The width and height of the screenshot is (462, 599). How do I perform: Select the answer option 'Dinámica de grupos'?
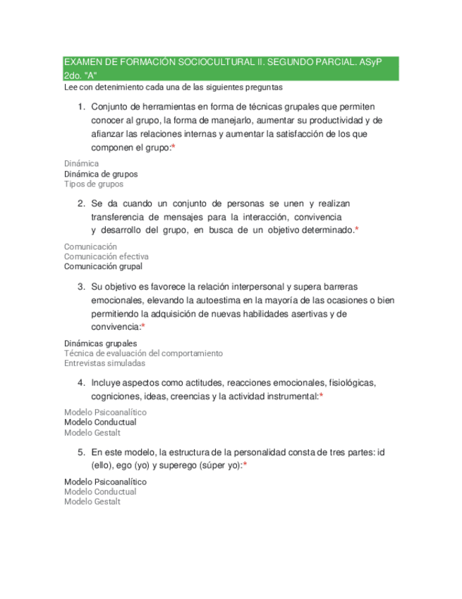click(x=101, y=174)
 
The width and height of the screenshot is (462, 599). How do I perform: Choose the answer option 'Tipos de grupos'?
click(x=94, y=184)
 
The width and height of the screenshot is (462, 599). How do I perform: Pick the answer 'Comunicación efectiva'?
click(x=107, y=256)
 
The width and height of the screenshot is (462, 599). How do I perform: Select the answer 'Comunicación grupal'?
click(x=103, y=267)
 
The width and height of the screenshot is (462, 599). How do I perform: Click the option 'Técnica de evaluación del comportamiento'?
click(x=143, y=353)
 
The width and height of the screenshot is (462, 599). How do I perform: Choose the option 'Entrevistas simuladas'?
click(x=104, y=364)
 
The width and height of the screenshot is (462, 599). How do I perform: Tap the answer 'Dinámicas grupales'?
click(x=101, y=343)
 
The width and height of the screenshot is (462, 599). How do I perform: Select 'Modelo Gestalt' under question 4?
click(x=92, y=433)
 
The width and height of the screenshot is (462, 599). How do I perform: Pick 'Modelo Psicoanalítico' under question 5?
click(x=106, y=482)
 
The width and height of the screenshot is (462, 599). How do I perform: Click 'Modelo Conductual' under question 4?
click(x=100, y=422)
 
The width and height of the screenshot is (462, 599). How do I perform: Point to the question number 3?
click(x=81, y=287)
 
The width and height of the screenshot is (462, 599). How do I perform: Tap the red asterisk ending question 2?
click(x=357, y=230)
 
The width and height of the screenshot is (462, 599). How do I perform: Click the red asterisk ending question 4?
click(x=322, y=397)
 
